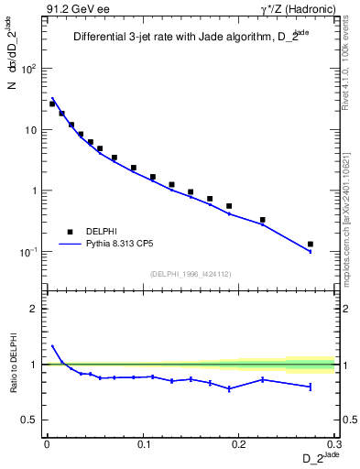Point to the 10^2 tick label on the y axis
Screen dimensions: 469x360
click(30, 70)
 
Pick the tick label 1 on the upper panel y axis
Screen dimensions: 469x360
click(35, 191)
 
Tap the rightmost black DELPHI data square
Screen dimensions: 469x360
click(311, 245)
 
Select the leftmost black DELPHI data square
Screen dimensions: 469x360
click(52, 104)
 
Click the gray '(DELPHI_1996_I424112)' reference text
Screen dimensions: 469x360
click(190, 272)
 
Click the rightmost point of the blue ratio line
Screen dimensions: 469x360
click(311, 387)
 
